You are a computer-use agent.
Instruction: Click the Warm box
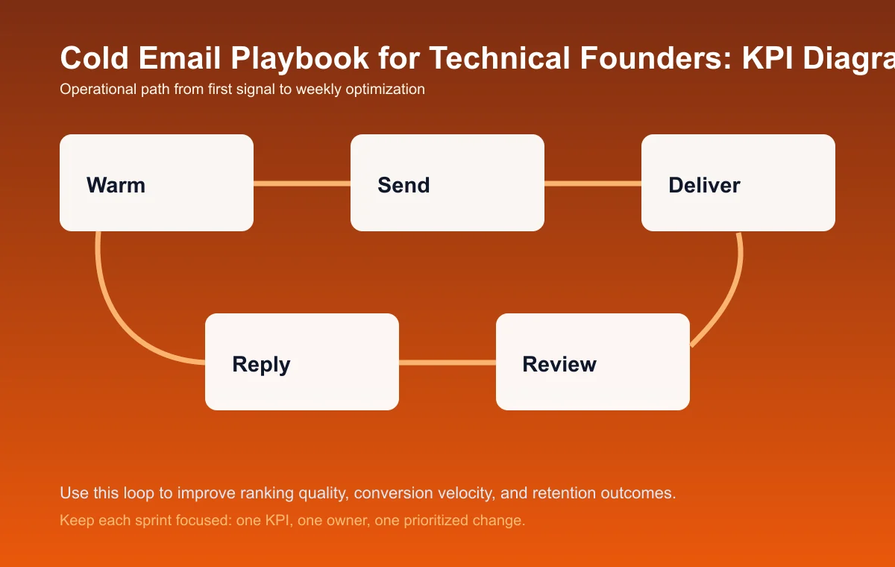coord(157,183)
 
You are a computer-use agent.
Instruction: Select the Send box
coord(447,183)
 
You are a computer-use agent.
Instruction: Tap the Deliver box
coord(738,183)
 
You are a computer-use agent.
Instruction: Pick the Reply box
coord(302,362)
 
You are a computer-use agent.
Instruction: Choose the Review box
coord(593,362)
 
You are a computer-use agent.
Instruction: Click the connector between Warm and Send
coord(302,183)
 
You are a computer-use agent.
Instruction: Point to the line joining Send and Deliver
coord(593,183)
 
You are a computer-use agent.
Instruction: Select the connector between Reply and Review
coord(447,363)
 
